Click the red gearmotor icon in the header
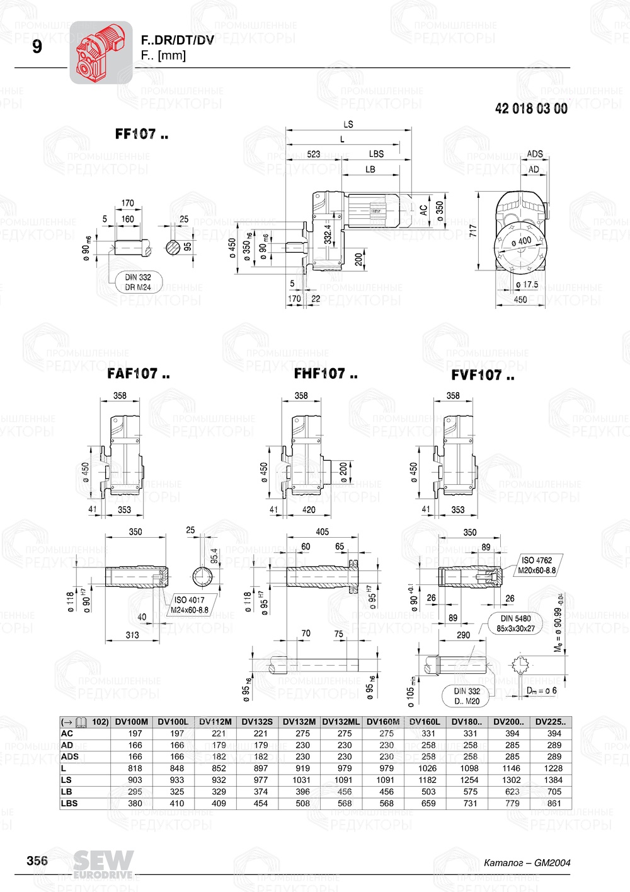[x=100, y=52]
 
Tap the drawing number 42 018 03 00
[x=531, y=108]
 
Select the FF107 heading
[x=142, y=134]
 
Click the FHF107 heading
[x=326, y=374]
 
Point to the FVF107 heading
[x=483, y=375]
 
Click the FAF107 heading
[x=139, y=374]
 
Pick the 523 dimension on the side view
[x=313, y=154]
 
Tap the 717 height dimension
[x=472, y=230]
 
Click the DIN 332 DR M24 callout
[x=138, y=282]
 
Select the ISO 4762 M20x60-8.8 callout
[x=537, y=565]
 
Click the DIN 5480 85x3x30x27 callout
[x=515, y=623]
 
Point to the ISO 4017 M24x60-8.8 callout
[x=190, y=605]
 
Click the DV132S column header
[x=257, y=722]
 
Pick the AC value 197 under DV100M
[x=135, y=733]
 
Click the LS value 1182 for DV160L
[x=428, y=780]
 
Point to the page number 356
[x=37, y=860]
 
